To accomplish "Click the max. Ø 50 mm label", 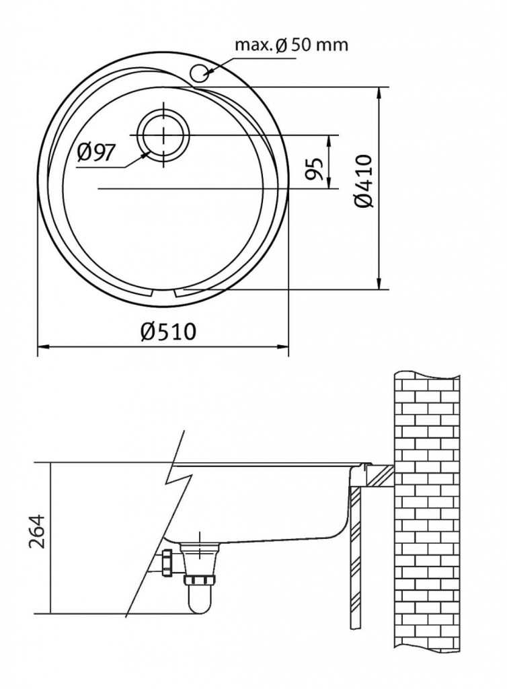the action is click(x=291, y=44).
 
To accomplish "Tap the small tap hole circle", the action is click(x=200, y=73).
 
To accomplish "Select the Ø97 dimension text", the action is click(x=96, y=153).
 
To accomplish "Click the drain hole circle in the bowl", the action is click(x=163, y=135).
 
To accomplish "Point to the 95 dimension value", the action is click(x=315, y=168).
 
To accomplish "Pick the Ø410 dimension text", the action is click(x=364, y=180).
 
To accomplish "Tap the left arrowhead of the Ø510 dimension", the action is click(x=42, y=347).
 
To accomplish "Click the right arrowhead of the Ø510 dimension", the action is click(x=283, y=347).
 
